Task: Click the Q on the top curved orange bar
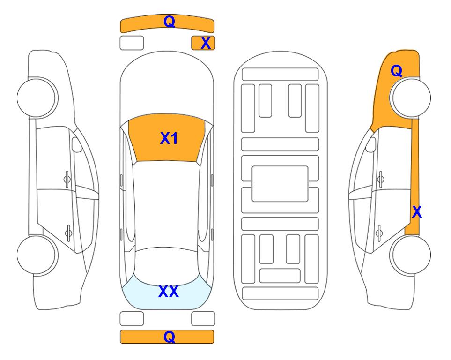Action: (169, 22)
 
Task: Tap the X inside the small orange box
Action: (206, 43)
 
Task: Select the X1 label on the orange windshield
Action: (169, 138)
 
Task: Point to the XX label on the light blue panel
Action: (169, 292)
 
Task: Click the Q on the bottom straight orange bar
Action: (169, 337)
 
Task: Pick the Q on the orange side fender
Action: (396, 71)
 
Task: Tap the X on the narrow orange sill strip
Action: (417, 212)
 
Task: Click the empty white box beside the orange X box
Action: (132, 43)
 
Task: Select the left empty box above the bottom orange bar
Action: (132, 319)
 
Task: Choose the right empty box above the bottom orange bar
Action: (203, 319)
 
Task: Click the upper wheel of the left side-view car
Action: (37, 97)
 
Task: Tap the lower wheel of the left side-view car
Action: (37, 255)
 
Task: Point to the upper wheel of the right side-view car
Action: (411, 97)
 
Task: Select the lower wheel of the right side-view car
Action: (411, 255)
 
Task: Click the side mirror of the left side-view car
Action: (76, 144)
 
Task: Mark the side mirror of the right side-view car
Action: (370, 144)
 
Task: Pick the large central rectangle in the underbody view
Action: (280, 184)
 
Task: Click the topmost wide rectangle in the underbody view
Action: (280, 75)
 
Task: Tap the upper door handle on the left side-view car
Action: (67, 179)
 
